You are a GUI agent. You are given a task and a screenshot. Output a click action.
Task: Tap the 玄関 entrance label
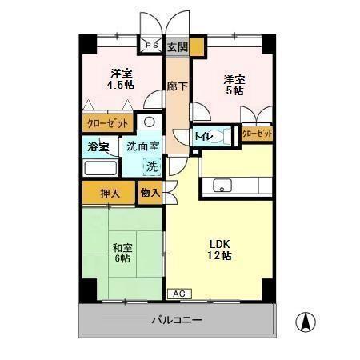click(177, 47)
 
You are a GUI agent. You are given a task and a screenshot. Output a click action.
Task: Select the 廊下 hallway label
click(177, 86)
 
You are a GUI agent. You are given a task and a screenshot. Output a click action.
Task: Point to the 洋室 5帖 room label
click(234, 85)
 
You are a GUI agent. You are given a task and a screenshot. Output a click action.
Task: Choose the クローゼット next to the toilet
click(257, 134)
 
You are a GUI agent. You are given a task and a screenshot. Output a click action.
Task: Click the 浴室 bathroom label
click(98, 148)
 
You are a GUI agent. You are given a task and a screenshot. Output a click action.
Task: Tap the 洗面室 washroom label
click(143, 148)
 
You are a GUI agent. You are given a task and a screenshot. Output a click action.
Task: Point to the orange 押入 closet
click(109, 193)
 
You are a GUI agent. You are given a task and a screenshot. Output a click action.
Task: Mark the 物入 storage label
click(150, 193)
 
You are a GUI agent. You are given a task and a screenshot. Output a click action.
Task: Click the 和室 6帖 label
click(122, 253)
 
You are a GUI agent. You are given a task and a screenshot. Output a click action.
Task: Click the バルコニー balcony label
click(177, 320)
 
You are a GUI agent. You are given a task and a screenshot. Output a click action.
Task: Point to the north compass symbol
click(305, 323)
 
